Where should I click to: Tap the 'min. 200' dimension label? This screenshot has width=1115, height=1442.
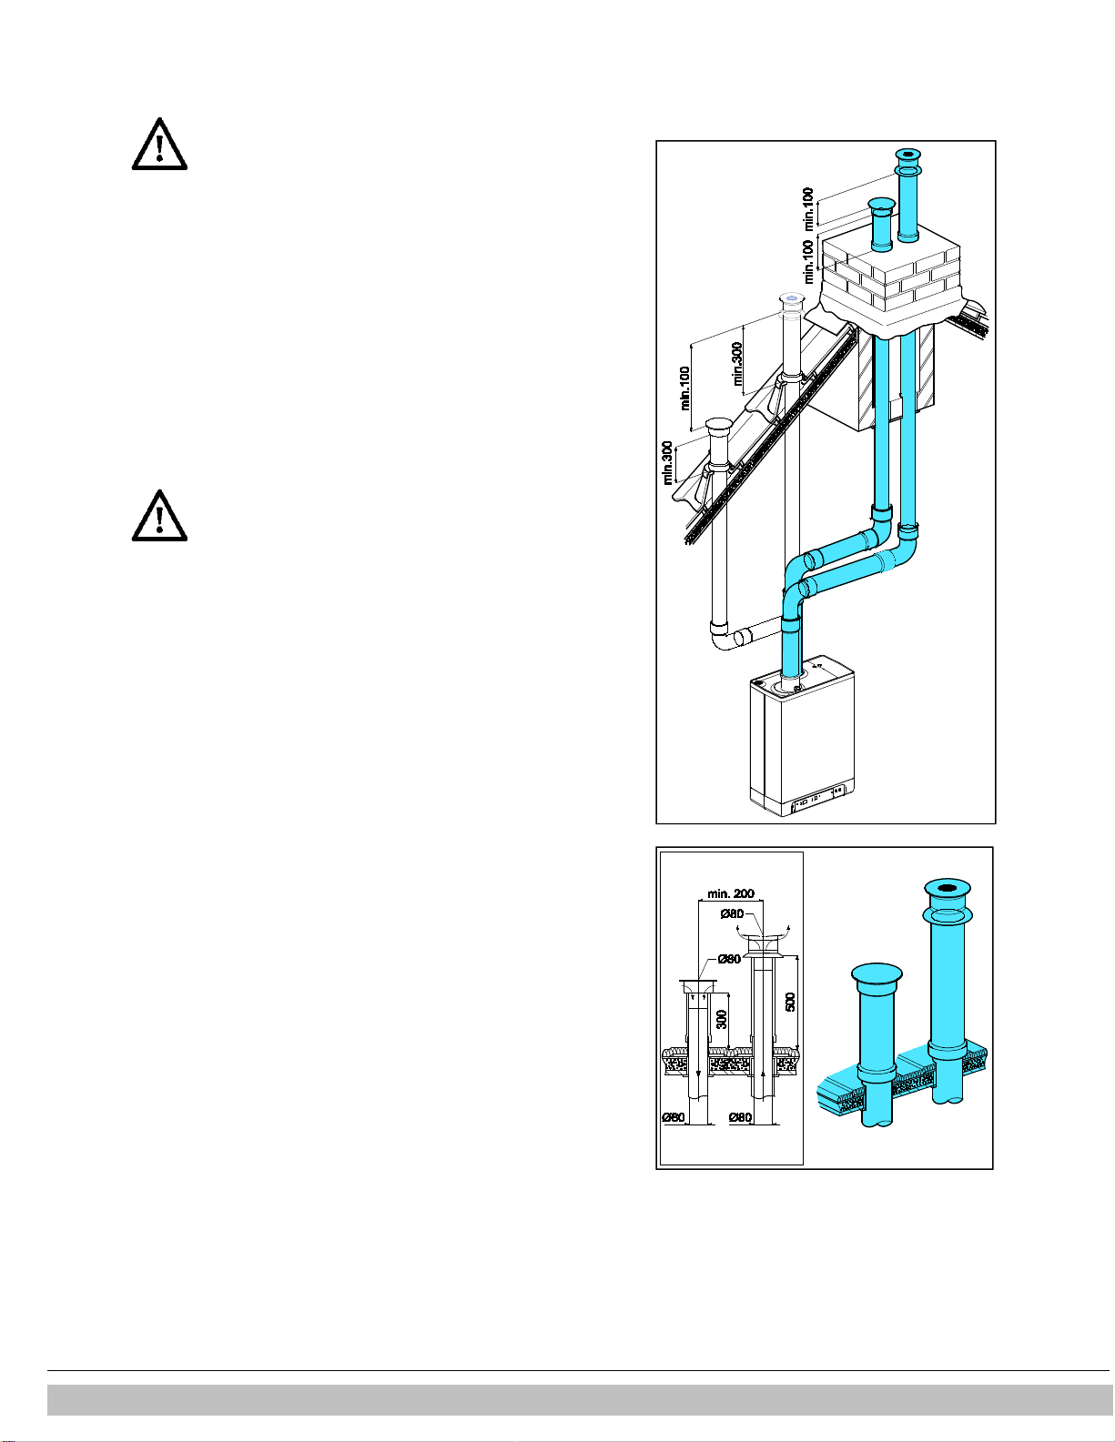[x=731, y=893]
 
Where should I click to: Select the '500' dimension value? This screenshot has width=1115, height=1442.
[x=791, y=1001]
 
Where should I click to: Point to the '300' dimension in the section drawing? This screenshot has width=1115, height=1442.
[x=722, y=1019]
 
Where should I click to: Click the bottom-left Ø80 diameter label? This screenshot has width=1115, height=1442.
[x=674, y=1116]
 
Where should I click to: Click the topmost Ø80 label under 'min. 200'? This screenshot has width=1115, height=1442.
[x=732, y=913]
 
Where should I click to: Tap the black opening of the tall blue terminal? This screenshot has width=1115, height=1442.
[x=948, y=888]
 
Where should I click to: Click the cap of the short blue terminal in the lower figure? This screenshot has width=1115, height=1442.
[x=877, y=974]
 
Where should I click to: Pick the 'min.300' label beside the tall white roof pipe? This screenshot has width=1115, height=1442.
[x=737, y=362]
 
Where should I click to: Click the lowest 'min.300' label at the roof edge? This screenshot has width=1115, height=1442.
[x=668, y=462]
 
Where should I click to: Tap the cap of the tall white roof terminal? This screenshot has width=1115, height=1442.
[x=790, y=298]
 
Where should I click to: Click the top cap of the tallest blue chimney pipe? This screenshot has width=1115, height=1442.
[x=908, y=154]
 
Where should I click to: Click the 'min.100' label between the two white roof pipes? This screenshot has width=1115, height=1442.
[x=684, y=388]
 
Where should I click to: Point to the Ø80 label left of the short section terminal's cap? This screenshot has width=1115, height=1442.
[x=728, y=958]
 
